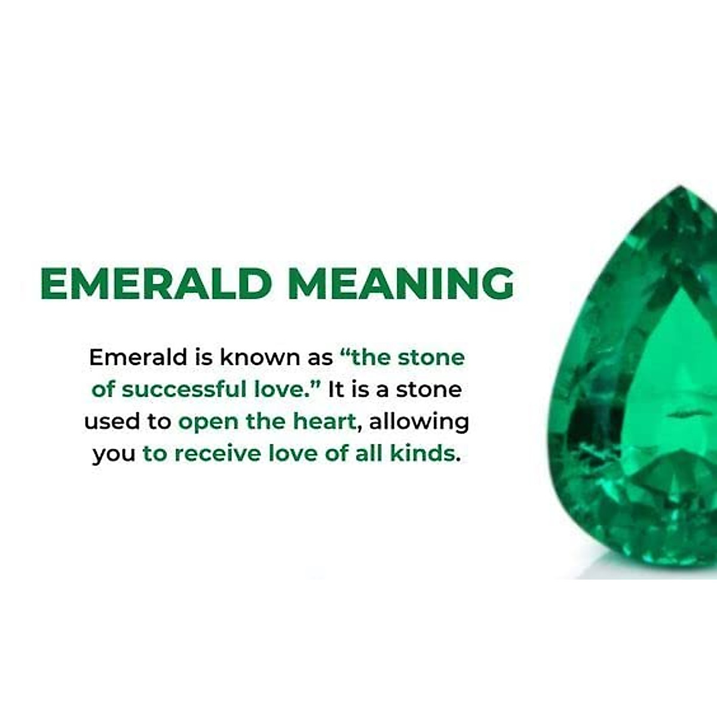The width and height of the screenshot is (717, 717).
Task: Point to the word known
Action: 249,357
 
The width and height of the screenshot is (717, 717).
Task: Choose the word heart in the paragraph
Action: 324,422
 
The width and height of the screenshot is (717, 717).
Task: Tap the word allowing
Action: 419,422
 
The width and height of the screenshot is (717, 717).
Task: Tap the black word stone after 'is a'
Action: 429,390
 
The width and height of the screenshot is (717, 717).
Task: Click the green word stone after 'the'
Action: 431,357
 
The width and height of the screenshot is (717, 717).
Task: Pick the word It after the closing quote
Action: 336,390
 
